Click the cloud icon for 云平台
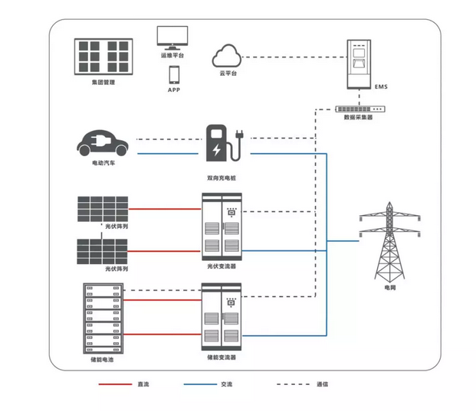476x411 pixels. [226, 56]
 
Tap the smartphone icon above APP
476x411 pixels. [174, 75]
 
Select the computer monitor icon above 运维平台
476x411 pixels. [173, 38]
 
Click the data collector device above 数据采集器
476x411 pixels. [359, 107]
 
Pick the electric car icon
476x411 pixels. [102, 143]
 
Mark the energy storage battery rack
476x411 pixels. [102, 318]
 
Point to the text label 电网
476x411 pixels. [390, 289]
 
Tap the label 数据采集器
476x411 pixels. [359, 118]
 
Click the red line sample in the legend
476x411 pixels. [113, 383]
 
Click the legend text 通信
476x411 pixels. [322, 383]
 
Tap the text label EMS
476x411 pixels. [381, 86]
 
